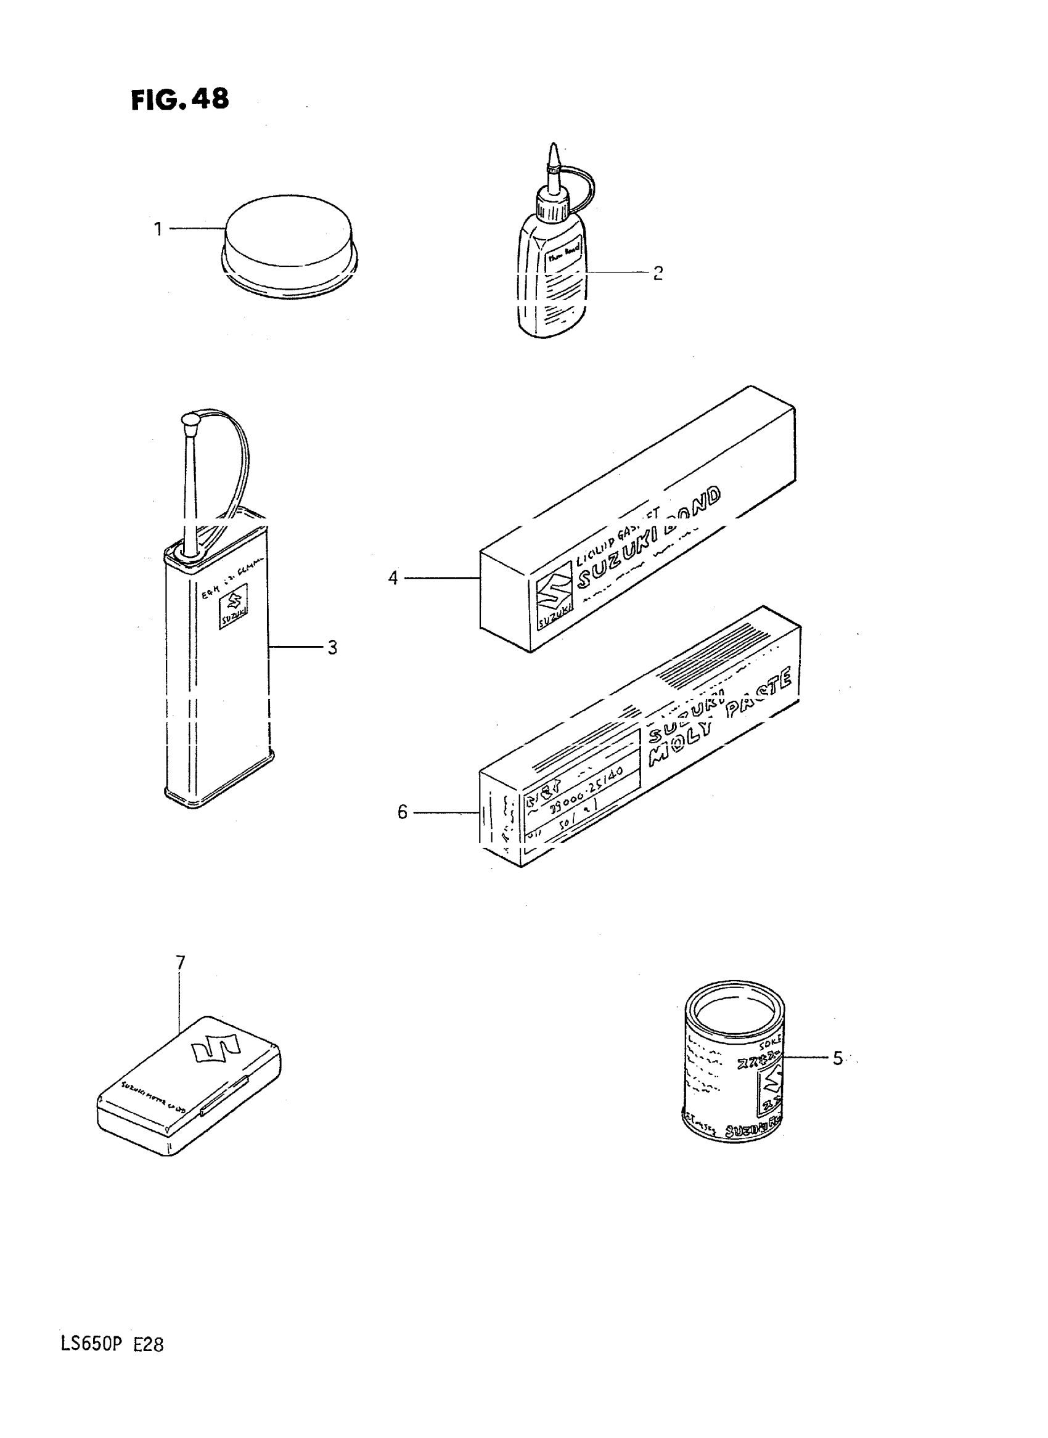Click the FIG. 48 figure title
(x=179, y=100)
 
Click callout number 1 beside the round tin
(x=158, y=229)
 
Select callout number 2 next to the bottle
(x=658, y=274)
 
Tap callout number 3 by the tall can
(x=332, y=648)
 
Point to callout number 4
(x=393, y=579)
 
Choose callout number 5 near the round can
(x=837, y=1059)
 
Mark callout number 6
(x=401, y=812)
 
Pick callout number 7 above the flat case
(x=180, y=963)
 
